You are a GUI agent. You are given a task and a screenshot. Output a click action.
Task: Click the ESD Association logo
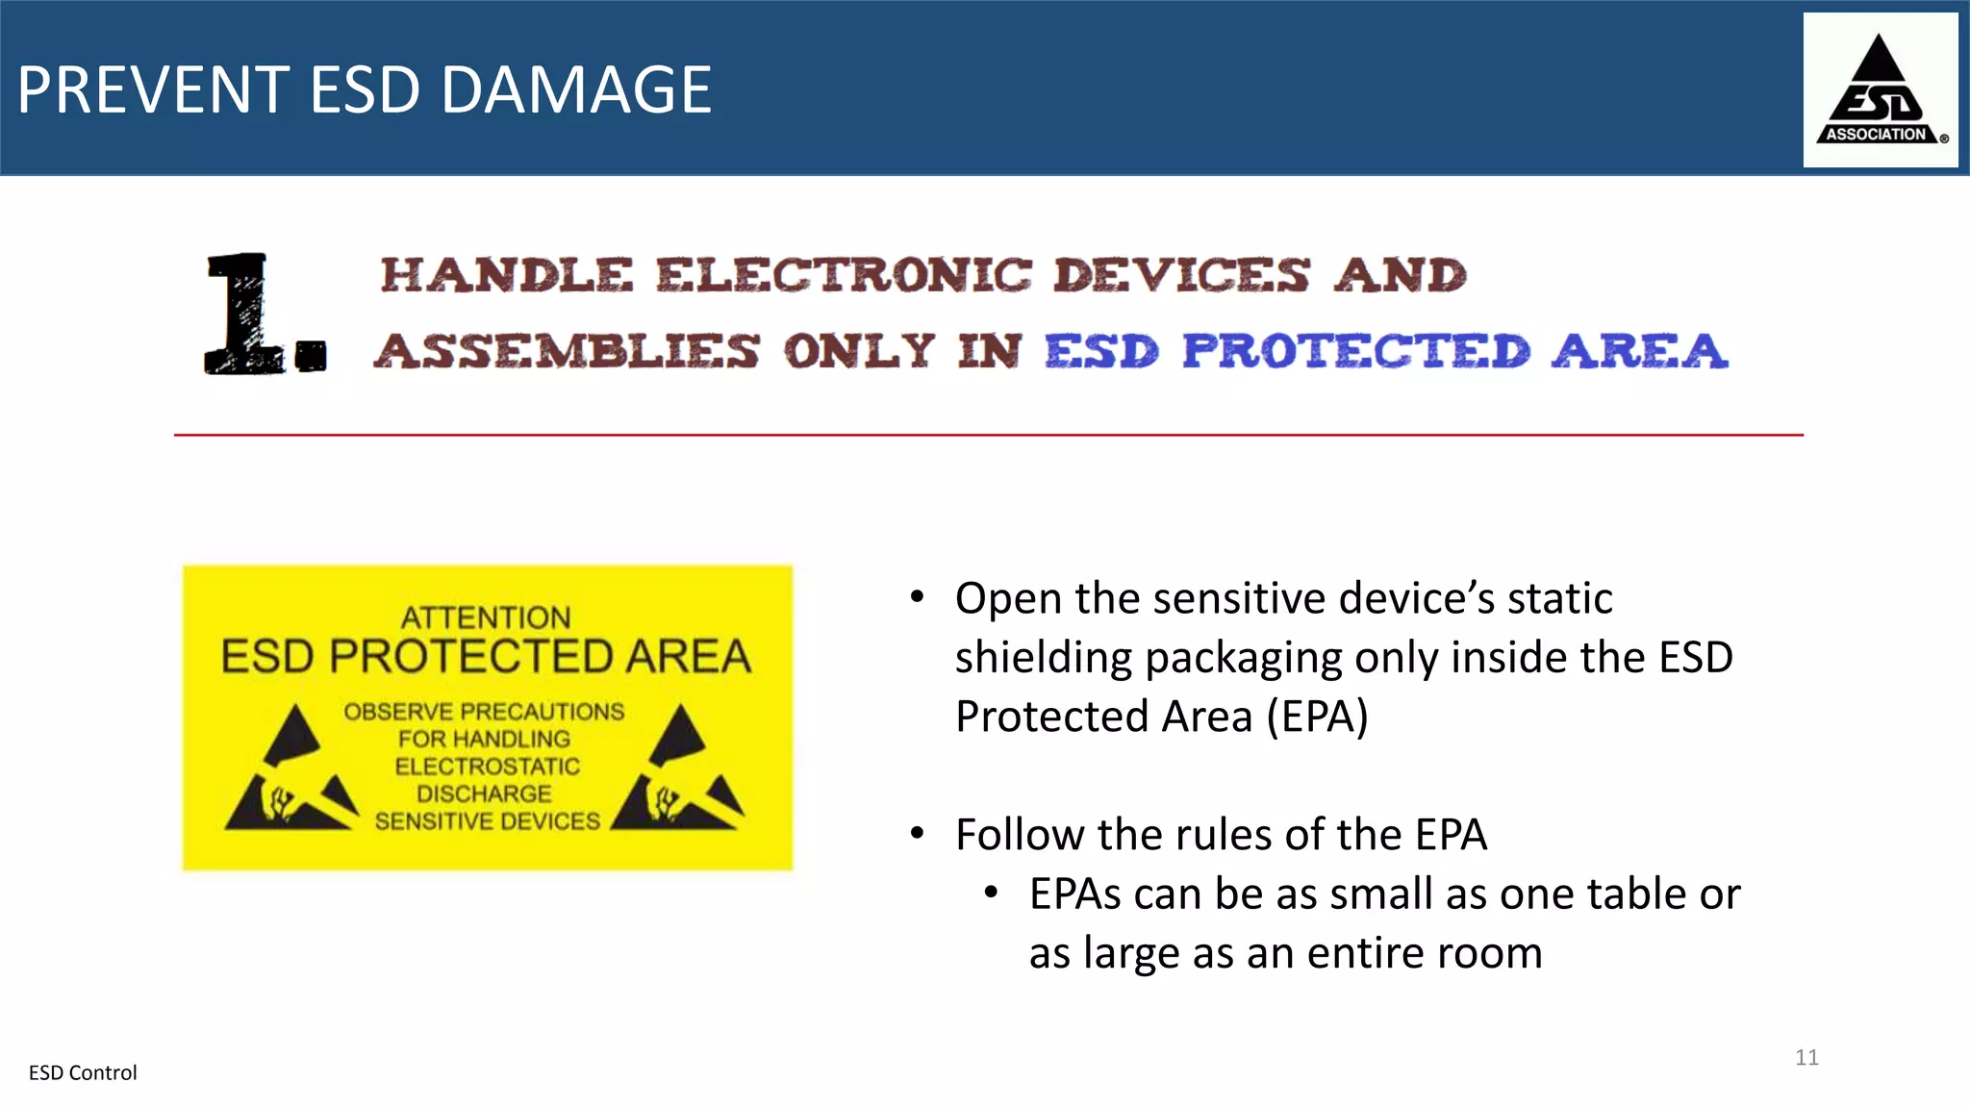pyautogui.click(x=1880, y=90)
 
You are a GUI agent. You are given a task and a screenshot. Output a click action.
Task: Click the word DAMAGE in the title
pyautogui.click(x=576, y=90)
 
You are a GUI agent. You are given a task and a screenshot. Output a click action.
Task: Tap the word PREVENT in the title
pyautogui.click(x=153, y=90)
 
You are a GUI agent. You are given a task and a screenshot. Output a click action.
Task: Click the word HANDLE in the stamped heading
pyautogui.click(x=507, y=275)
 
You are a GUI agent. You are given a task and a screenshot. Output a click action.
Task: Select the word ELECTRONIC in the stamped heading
pyautogui.click(x=844, y=275)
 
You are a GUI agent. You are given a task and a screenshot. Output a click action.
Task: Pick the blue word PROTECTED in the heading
pyautogui.click(x=1355, y=351)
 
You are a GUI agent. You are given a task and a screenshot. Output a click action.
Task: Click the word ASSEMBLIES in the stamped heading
pyautogui.click(x=567, y=351)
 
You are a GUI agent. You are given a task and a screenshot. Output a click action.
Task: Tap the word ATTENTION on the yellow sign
pyautogui.click(x=486, y=617)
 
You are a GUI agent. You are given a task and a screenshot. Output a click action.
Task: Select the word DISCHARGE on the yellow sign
pyautogui.click(x=484, y=793)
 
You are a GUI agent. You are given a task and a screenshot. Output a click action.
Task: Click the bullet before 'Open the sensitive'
pyautogui.click(x=918, y=597)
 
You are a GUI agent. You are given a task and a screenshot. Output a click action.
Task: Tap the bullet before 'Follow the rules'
pyautogui.click(x=918, y=833)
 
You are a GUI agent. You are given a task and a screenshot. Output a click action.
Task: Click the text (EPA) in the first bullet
pyautogui.click(x=1317, y=717)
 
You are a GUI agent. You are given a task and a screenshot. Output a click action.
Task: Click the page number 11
pyautogui.click(x=1806, y=1057)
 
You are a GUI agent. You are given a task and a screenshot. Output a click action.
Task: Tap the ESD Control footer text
pyautogui.click(x=83, y=1072)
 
